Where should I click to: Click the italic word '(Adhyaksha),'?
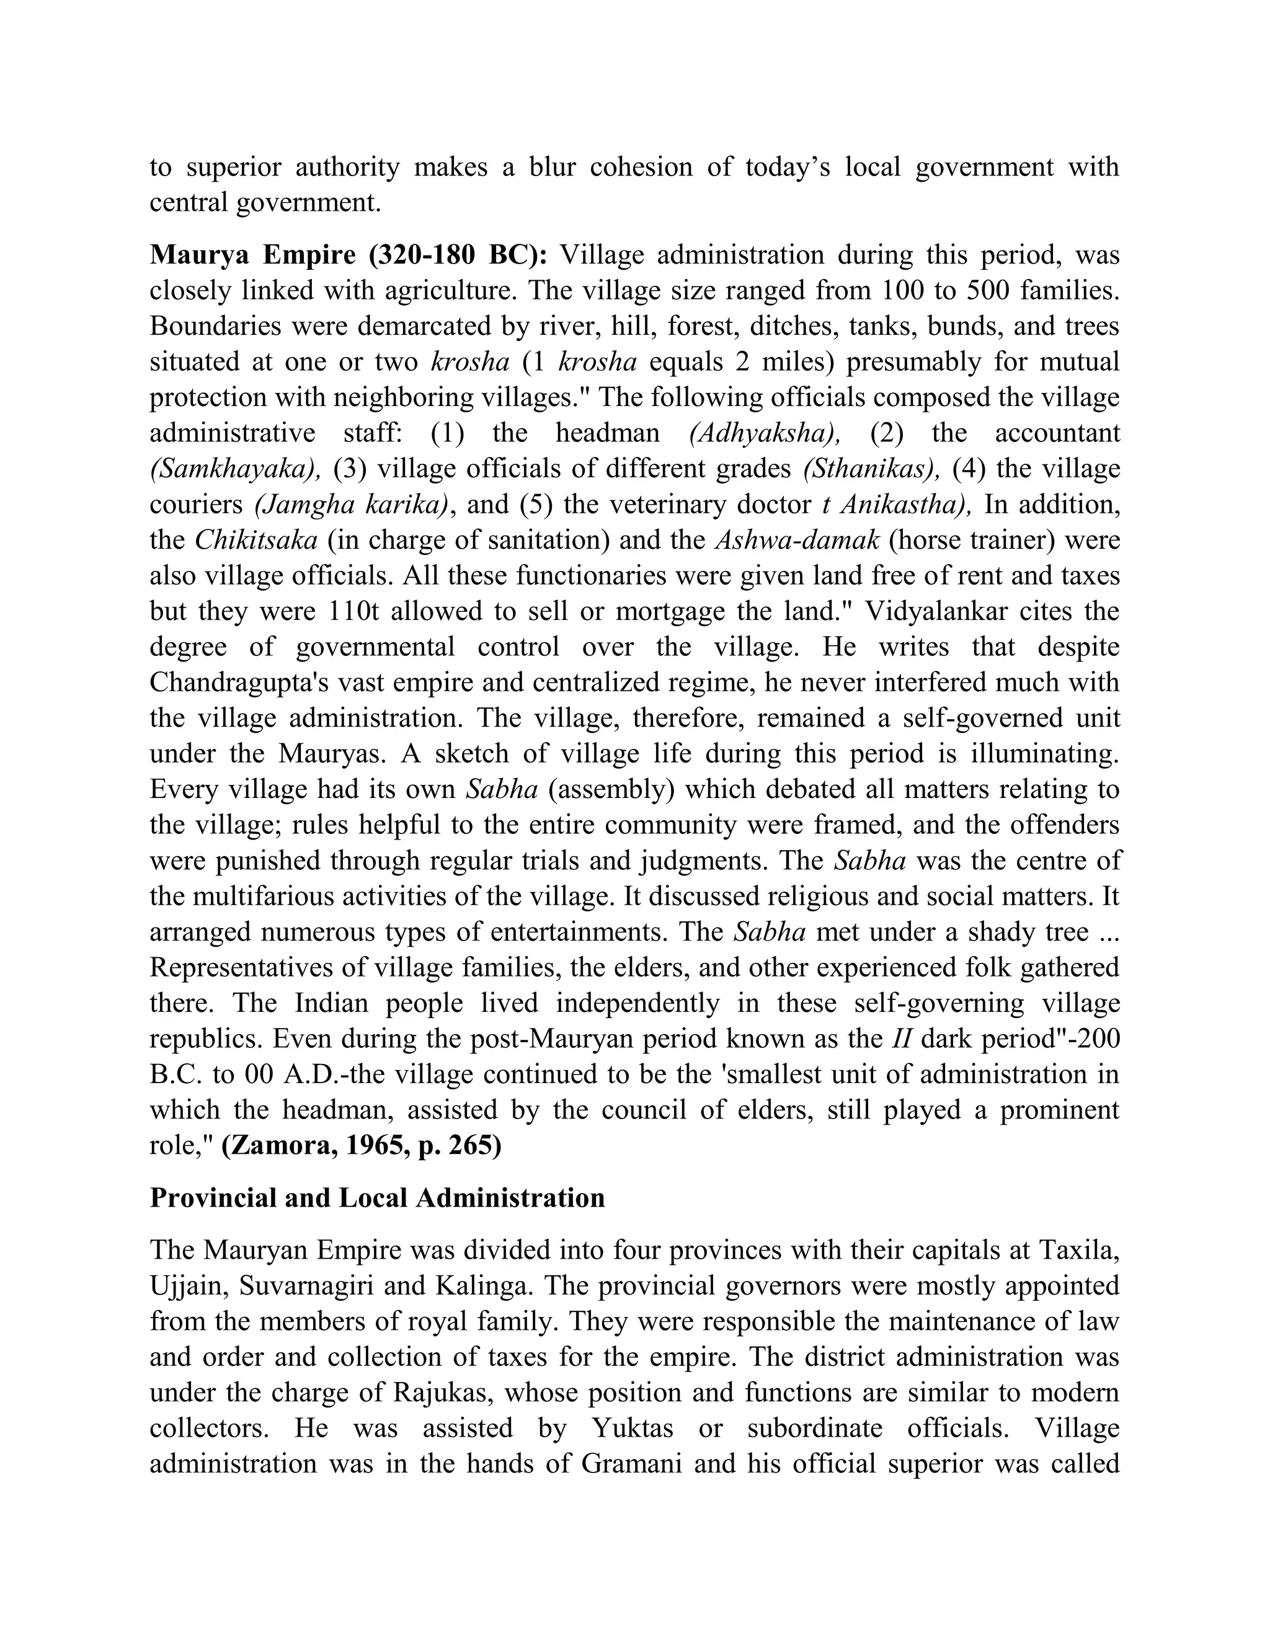(765, 433)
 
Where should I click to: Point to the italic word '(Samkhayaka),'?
(236, 469)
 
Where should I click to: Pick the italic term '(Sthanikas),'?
(871, 469)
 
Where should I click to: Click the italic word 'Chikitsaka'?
(256, 540)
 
